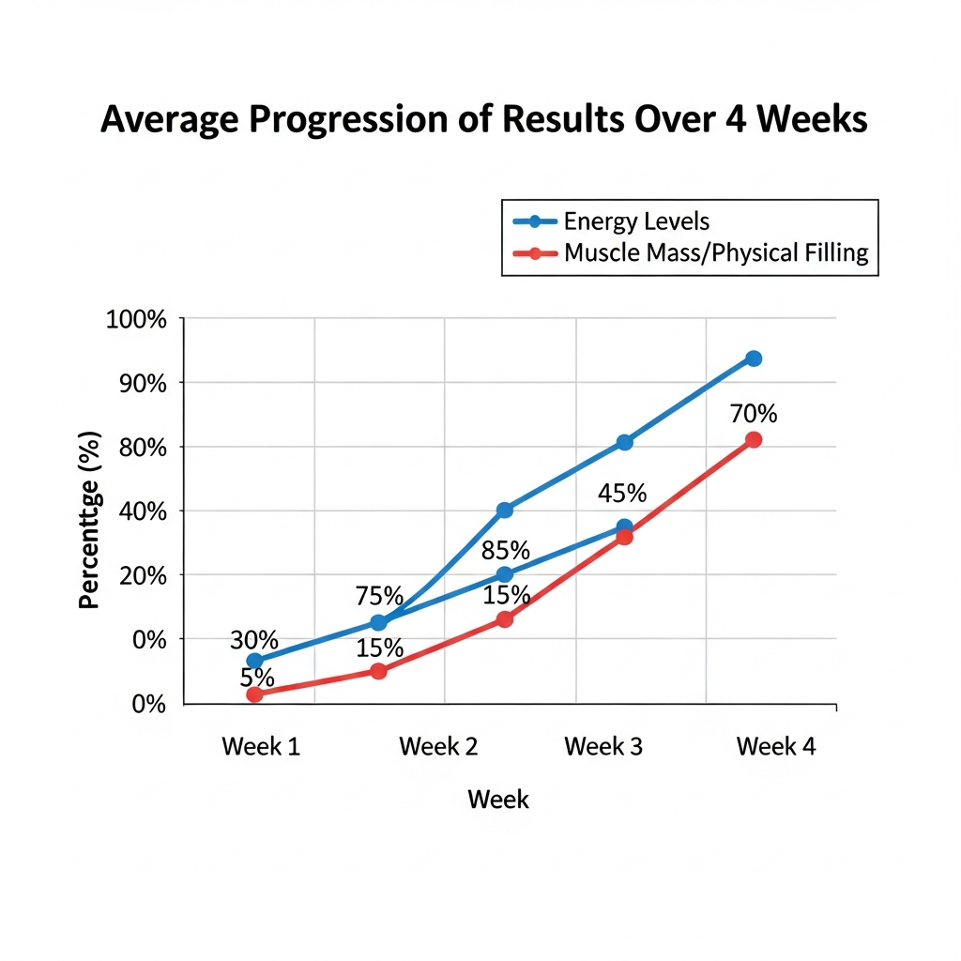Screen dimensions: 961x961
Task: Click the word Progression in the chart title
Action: click(x=349, y=119)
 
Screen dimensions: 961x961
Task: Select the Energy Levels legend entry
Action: click(x=611, y=221)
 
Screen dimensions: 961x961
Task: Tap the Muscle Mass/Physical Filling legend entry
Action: click(x=691, y=252)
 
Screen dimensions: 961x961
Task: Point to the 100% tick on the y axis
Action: click(x=136, y=319)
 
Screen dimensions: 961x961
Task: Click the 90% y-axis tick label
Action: click(x=143, y=384)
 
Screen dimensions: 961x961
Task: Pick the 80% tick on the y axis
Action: click(x=143, y=448)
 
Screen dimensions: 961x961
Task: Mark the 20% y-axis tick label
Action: click(x=143, y=576)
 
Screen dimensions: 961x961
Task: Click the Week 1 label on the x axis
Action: click(x=261, y=746)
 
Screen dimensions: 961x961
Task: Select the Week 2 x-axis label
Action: click(x=438, y=746)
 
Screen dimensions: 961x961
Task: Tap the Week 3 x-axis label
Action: click(x=603, y=746)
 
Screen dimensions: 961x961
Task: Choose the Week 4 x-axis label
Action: click(x=776, y=746)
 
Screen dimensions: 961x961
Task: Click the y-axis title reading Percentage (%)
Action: click(x=89, y=520)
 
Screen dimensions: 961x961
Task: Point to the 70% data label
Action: click(x=754, y=414)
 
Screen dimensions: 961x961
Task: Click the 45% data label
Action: click(x=622, y=494)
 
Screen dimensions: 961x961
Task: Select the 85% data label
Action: click(x=505, y=550)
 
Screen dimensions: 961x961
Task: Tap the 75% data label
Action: click(x=379, y=596)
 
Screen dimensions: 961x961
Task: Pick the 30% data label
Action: click(x=254, y=640)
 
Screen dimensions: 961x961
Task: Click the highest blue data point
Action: click(x=754, y=358)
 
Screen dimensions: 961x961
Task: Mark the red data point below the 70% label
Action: click(x=754, y=439)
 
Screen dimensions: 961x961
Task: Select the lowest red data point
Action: click(x=254, y=694)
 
